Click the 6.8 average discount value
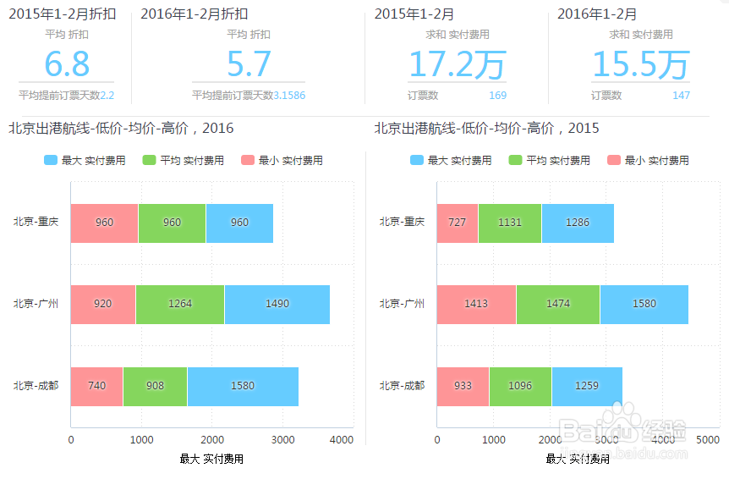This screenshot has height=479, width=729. pos(67,64)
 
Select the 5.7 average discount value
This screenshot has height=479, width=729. pos(249,64)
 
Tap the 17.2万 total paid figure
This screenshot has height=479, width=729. pos(457,64)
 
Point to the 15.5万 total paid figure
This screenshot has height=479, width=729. pos(640,64)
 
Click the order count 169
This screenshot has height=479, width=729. pos(497,96)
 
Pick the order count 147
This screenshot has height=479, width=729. pos(681,96)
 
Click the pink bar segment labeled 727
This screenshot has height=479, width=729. pos(457,223)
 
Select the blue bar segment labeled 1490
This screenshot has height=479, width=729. pos(277,304)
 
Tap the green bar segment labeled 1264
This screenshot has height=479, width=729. pos(179,304)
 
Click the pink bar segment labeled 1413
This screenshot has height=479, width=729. pos(476,304)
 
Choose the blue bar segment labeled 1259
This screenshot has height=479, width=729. pos(586,386)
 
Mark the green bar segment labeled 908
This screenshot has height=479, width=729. pos(155,386)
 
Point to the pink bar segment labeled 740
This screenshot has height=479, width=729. pos(96,386)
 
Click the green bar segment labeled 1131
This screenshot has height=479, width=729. pos(509,223)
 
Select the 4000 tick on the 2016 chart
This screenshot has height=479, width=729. pos(341,440)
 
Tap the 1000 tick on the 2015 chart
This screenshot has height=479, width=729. pos(493,440)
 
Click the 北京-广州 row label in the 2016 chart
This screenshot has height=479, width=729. pos(36,304)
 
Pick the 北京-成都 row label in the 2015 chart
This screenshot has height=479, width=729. pos(402,386)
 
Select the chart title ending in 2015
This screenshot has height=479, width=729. pos(486,129)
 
